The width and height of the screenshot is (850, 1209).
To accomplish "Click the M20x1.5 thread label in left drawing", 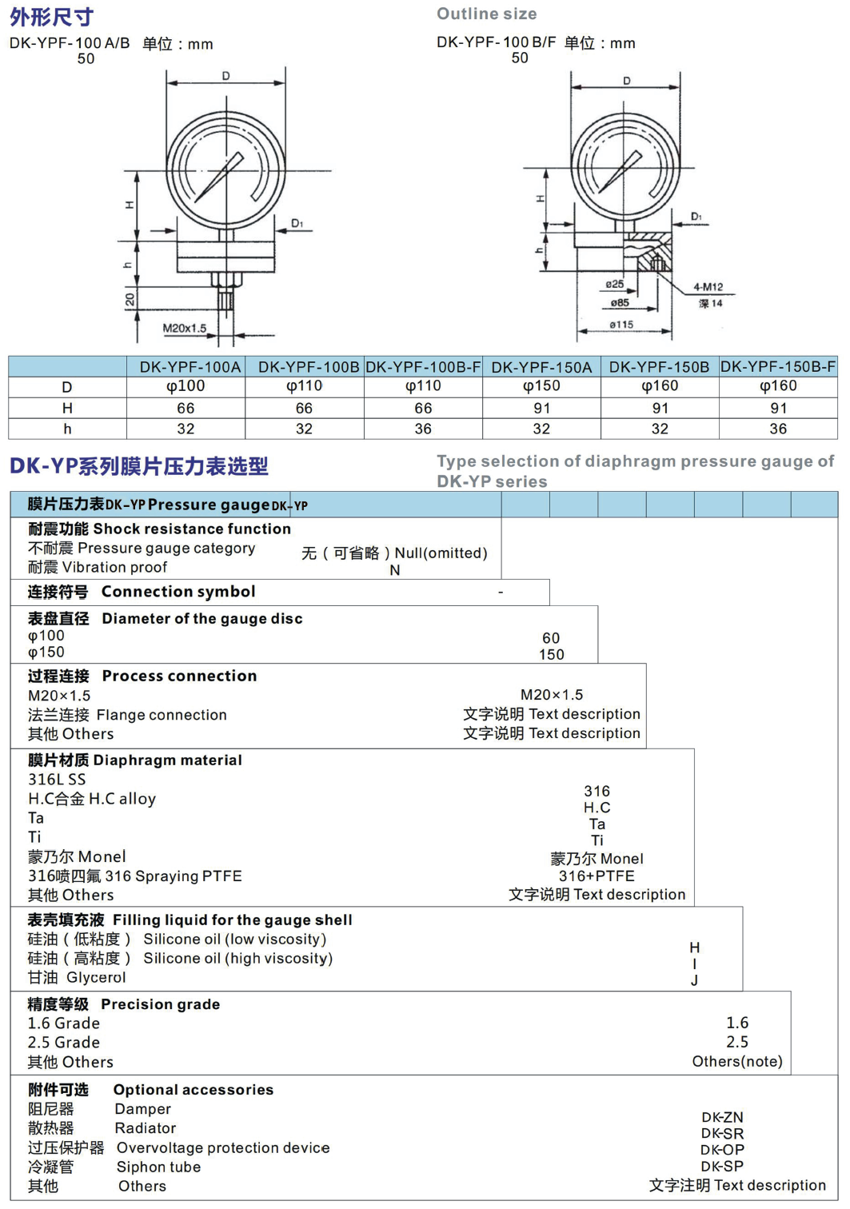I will click(x=184, y=328).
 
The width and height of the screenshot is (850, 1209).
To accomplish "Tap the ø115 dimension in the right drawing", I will click(x=621, y=325).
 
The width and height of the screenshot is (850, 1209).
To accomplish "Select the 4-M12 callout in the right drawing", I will click(x=708, y=287).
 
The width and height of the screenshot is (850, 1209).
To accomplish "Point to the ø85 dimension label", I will click(x=620, y=303).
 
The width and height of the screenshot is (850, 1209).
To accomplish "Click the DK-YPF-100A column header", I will click(x=190, y=367).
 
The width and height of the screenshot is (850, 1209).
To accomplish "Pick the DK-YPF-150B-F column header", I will click(x=778, y=367).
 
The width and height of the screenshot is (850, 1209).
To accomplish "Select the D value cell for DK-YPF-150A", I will click(x=541, y=386).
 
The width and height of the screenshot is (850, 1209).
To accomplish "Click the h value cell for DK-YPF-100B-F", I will click(x=423, y=429).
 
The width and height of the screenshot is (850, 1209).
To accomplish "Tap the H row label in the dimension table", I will click(x=67, y=409).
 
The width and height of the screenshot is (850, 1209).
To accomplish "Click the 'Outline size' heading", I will click(x=486, y=14).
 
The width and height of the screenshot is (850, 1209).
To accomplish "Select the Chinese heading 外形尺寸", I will click(x=51, y=16).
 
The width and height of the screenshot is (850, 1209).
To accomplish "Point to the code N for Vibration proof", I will click(x=395, y=570).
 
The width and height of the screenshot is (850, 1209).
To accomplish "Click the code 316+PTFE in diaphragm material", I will click(x=597, y=876).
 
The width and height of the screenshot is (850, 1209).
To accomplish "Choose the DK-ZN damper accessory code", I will click(x=722, y=1117).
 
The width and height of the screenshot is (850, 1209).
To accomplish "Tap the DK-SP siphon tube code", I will click(x=722, y=1166).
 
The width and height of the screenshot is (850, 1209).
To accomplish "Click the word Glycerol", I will click(x=96, y=977).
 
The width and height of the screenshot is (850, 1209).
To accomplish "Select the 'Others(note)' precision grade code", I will click(x=737, y=1062).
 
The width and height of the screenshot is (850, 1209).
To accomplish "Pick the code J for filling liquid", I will click(x=694, y=980).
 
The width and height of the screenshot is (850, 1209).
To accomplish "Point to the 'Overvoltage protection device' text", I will click(x=223, y=1147).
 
